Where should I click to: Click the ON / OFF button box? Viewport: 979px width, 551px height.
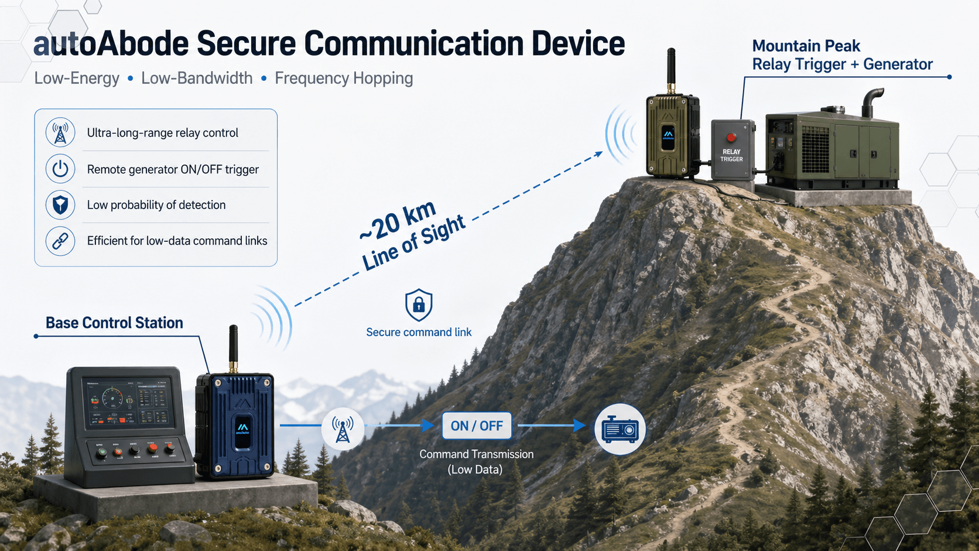(477, 426)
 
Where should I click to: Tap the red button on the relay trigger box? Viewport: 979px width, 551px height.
(731, 138)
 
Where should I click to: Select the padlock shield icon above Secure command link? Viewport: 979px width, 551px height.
(419, 304)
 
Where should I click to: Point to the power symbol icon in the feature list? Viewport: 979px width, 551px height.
(60, 169)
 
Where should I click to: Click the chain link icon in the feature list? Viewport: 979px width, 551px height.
(60, 241)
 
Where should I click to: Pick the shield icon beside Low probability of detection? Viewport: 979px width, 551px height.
(60, 205)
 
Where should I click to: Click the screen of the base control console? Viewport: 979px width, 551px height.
(128, 401)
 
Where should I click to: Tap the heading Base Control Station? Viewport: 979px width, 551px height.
(114, 323)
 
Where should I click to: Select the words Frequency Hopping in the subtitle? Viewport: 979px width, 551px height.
(344, 78)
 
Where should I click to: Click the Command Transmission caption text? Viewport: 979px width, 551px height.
(476, 454)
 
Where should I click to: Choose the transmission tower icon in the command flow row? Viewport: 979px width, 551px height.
(343, 429)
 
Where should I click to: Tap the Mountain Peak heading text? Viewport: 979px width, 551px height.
(806, 46)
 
